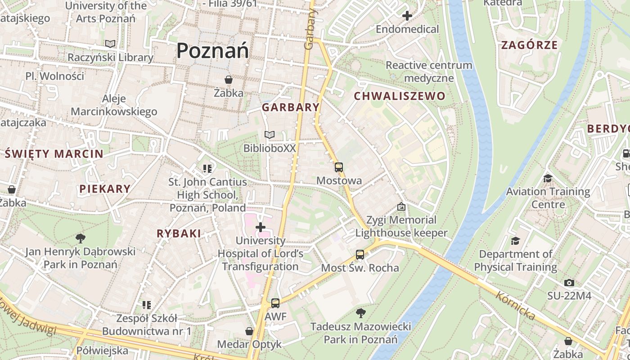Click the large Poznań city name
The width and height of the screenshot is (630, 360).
(212, 50)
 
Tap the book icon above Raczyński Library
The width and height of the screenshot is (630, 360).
(110, 44)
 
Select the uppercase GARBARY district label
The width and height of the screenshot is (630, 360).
(291, 108)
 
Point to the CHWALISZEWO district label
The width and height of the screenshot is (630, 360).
(399, 96)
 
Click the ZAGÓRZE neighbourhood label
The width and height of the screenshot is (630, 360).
(529, 45)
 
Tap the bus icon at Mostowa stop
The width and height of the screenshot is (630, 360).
(339, 167)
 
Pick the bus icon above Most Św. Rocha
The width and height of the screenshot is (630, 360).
(360, 255)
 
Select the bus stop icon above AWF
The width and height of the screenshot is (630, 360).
(275, 303)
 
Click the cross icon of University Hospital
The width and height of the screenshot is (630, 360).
(261, 227)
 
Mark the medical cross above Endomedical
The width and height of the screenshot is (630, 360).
(407, 16)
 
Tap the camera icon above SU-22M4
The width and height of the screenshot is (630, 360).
(569, 283)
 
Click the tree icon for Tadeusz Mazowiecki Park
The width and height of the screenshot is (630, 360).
(360, 313)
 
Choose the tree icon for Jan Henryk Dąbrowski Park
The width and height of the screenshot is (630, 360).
(81, 238)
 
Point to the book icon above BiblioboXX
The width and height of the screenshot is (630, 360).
(270, 135)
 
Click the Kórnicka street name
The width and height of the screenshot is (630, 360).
(516, 306)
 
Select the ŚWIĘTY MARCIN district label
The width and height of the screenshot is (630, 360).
(54, 154)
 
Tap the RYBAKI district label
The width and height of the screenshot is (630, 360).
(179, 234)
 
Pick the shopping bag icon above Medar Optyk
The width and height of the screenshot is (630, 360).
(249, 331)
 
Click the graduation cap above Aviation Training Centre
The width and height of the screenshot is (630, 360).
(548, 178)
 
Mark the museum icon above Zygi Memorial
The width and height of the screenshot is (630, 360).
(401, 207)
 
